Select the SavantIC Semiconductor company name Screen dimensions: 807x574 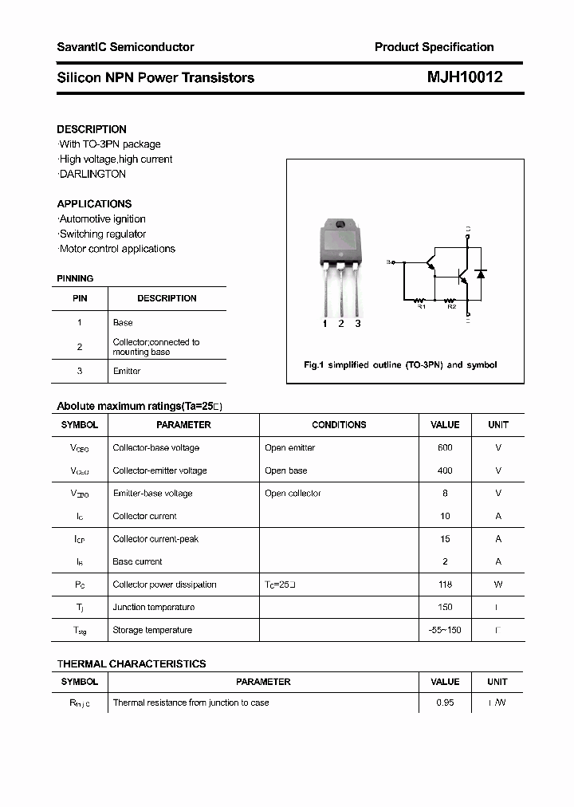coord(125,47)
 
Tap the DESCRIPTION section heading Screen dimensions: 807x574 coord(92,129)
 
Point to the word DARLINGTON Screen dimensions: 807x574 coord(93,174)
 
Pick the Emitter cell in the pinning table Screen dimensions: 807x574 coord(127,371)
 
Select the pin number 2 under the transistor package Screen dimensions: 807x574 coord(341,323)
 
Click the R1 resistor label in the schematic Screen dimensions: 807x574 coord(422,306)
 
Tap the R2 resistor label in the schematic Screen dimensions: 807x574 coord(451,306)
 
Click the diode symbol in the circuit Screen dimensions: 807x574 coord(480,274)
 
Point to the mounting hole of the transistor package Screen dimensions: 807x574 coord(340,225)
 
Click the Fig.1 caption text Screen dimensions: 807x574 coord(400,364)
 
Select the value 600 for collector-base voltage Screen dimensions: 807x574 coord(445,447)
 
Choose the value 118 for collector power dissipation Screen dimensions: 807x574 coord(445,585)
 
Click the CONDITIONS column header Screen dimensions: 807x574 coord(339,425)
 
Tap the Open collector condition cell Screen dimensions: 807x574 coord(293,493)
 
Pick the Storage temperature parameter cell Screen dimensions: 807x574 coord(152,630)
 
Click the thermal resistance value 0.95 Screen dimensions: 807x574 coord(445,703)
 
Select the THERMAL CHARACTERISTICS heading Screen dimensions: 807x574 coord(132,663)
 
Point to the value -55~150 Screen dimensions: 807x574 coord(445,630)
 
